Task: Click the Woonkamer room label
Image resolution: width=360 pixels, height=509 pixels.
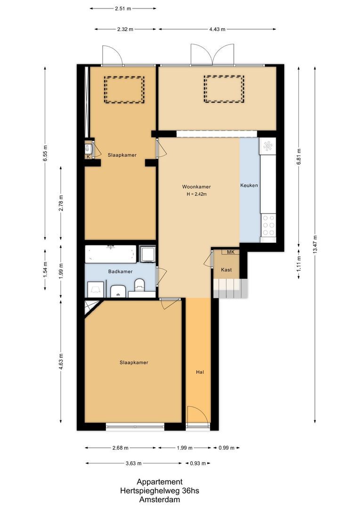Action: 197,187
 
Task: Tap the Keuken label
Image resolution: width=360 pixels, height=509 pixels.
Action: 249,186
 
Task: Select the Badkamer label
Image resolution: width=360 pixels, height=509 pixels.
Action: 120,271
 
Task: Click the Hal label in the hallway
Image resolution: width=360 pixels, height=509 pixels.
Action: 200,372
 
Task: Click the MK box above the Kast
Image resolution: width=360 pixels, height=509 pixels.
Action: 230,252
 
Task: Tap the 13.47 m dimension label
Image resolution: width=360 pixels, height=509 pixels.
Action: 315,244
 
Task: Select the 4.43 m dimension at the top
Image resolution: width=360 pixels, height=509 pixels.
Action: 217,29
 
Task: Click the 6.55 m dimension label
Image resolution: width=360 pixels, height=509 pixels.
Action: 45,153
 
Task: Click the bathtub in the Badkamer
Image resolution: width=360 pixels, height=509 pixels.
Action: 111,254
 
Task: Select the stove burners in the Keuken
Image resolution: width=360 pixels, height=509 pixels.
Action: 269,225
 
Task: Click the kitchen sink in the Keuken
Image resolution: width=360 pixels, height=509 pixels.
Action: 269,146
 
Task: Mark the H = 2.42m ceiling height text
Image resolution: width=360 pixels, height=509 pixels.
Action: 197,194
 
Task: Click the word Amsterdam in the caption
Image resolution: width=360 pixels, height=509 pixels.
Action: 159,500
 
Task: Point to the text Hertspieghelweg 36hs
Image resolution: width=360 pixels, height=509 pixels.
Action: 159,491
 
